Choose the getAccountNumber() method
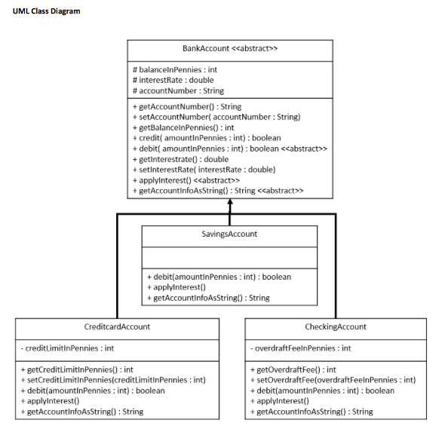(x=186, y=107)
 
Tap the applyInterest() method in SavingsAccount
(x=176, y=287)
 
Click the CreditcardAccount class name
(x=117, y=326)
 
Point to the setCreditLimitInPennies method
(x=113, y=380)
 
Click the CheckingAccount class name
(x=336, y=326)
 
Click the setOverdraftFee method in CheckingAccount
(x=333, y=380)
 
